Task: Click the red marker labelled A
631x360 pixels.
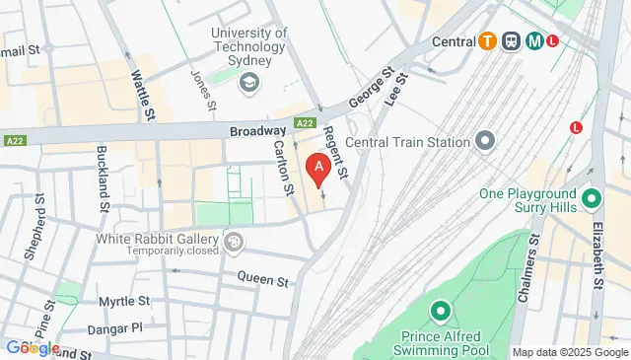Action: point(317,169)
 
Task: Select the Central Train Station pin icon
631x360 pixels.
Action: point(483,142)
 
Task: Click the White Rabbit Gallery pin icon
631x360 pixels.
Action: point(234,240)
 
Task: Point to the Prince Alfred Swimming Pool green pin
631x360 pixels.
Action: point(440,313)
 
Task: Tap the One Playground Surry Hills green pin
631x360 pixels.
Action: point(592,199)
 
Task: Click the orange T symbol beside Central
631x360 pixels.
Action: point(487,41)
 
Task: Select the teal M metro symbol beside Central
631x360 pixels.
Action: point(534,41)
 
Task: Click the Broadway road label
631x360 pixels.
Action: point(257,130)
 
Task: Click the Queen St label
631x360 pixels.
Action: point(262,279)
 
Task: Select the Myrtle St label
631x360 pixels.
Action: point(124,301)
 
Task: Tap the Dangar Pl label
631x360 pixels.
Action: point(121,326)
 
